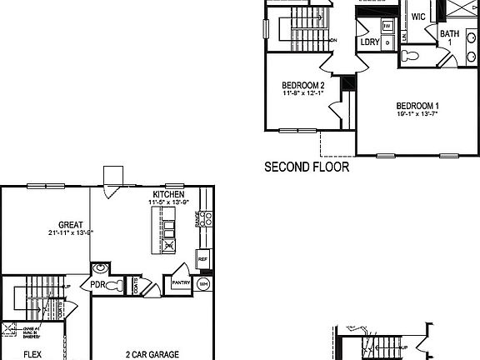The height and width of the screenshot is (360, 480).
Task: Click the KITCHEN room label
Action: [168, 194]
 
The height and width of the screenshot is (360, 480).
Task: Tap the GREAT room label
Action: [69, 224]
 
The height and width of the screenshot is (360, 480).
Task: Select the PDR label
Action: [97, 284]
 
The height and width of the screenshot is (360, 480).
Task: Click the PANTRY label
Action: [182, 283]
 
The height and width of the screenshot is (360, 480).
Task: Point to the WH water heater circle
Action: [203, 283]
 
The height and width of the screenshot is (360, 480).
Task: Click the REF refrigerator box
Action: [202, 258]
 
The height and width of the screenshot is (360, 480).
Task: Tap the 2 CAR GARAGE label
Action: [152, 354]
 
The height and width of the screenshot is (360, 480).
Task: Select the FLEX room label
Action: [32, 354]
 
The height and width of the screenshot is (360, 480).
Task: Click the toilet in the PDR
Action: [113, 285]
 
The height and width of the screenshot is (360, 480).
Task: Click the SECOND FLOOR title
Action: [306, 167]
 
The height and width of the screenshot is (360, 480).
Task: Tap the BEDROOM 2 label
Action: [302, 85]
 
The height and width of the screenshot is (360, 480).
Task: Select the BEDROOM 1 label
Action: [417, 106]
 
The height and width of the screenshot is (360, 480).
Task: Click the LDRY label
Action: [370, 42]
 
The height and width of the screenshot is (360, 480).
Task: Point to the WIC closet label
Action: [418, 16]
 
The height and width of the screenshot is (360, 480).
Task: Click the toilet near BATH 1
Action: [409, 57]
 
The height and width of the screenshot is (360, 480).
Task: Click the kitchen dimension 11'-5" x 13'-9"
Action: [168, 202]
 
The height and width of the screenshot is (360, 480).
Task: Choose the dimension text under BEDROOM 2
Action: [302, 93]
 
